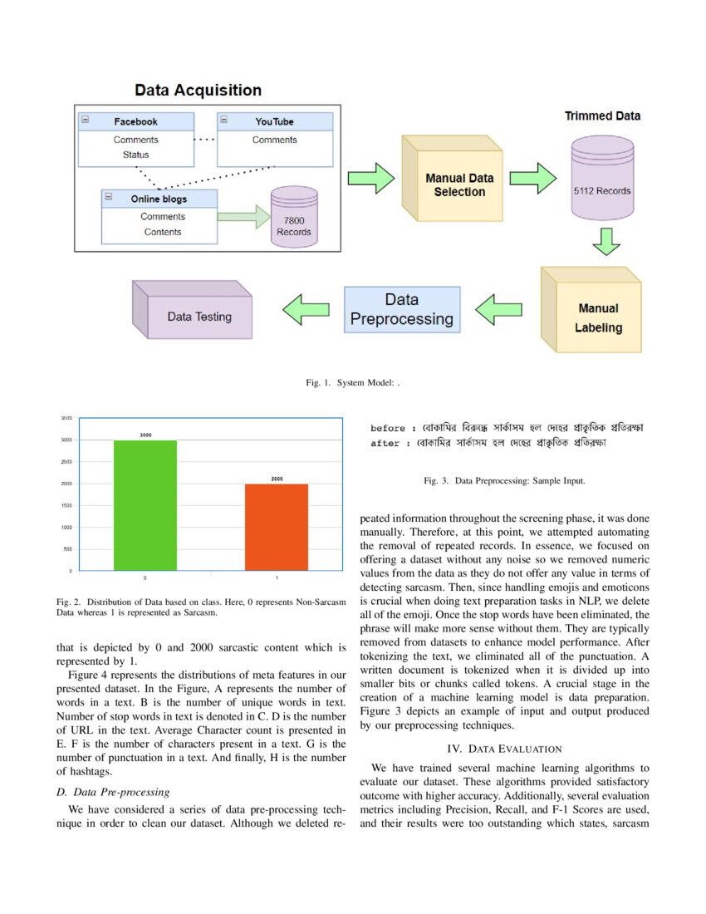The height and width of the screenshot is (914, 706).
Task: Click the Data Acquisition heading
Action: click(198, 91)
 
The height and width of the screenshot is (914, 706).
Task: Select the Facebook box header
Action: click(135, 121)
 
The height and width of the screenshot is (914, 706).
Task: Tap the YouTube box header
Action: click(274, 121)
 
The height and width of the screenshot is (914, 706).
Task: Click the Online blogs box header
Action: click(159, 199)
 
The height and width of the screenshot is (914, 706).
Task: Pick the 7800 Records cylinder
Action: click(294, 217)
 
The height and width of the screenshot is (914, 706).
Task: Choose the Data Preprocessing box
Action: click(402, 309)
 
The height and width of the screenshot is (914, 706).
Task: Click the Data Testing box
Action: click(199, 316)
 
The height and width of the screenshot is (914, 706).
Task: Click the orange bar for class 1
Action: click(277, 527)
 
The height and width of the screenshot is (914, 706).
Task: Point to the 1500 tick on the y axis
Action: click(66, 505)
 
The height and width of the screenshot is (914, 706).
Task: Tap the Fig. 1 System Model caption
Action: click(353, 383)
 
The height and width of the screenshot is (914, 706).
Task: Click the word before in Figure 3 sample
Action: click(387, 429)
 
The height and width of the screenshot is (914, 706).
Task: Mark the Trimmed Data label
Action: click(602, 116)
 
